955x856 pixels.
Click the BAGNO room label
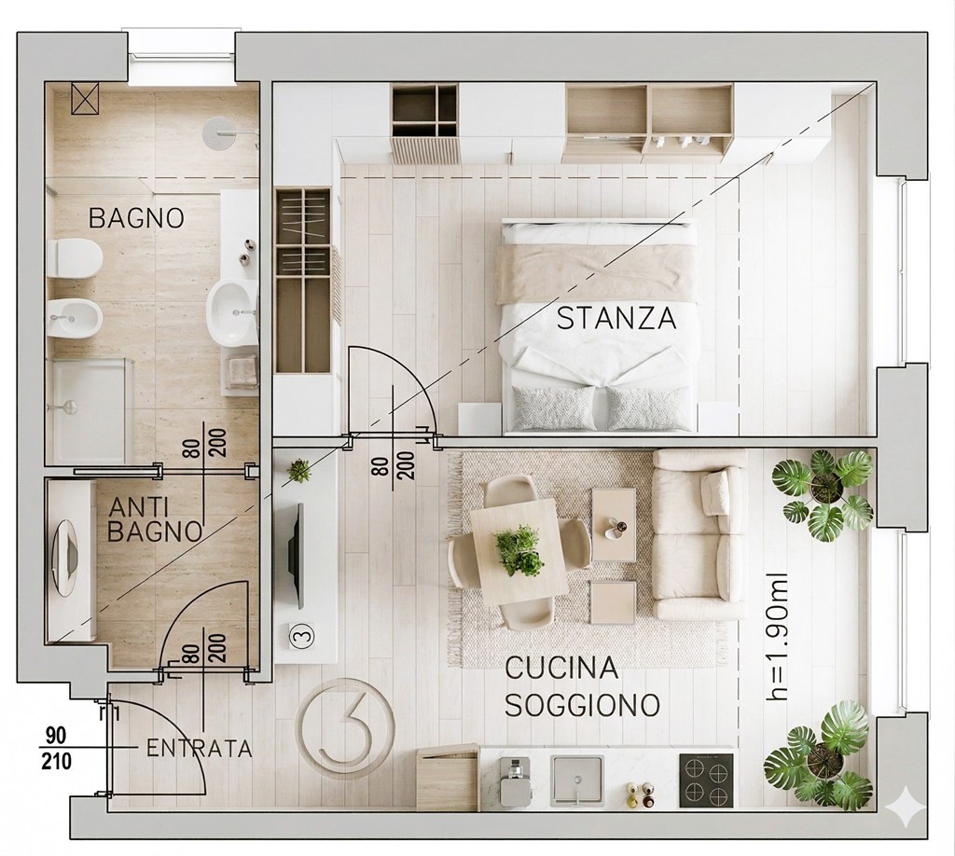click(x=136, y=218)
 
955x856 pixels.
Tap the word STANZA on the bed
click(x=616, y=318)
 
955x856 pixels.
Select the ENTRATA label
click(x=200, y=748)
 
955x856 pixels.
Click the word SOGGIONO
click(x=583, y=706)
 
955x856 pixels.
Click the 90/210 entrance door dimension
click(x=57, y=748)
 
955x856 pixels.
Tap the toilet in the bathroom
click(x=75, y=258)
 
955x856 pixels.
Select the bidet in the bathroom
click(x=75, y=318)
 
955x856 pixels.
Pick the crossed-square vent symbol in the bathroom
click(x=85, y=99)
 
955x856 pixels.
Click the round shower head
click(x=219, y=131)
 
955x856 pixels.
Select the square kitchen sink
click(x=576, y=780)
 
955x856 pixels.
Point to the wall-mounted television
click(x=297, y=555)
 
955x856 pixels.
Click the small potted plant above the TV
click(x=298, y=471)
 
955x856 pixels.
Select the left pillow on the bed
click(x=554, y=407)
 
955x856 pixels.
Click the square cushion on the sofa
click(x=715, y=492)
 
